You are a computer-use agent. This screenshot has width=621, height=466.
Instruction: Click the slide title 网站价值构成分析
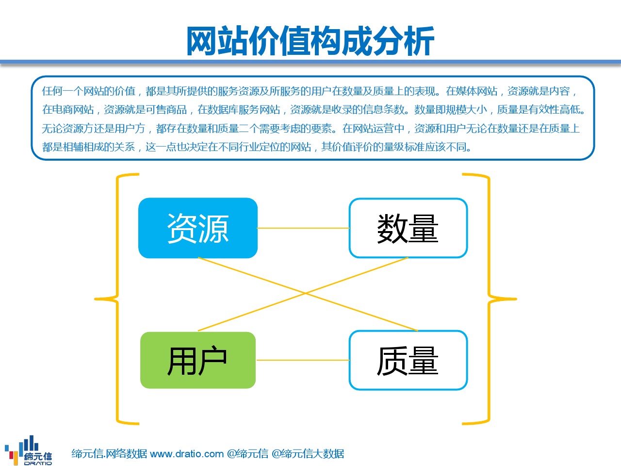pyautogui.click(x=310, y=41)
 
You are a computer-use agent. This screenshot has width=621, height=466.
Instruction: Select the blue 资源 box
pyautogui.click(x=198, y=228)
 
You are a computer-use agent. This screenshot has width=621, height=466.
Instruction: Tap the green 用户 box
pyautogui.click(x=198, y=360)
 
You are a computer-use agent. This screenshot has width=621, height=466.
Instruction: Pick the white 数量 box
pyautogui.click(x=408, y=228)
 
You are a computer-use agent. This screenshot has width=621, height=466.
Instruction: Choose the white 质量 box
pyautogui.click(x=408, y=360)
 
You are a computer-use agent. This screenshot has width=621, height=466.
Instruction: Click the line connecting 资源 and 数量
pyautogui.click(x=303, y=228)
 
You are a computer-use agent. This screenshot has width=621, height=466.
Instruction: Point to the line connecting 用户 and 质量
pyautogui.click(x=303, y=360)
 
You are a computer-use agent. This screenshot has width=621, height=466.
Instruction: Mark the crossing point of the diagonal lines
pyautogui.click(x=305, y=293)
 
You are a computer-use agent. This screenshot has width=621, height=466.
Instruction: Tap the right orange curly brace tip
pyautogui.click(x=516, y=299)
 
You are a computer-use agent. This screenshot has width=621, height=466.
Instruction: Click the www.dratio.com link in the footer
pyautogui.click(x=187, y=454)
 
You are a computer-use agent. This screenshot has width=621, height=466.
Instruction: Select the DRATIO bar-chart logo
pyautogui.click(x=28, y=450)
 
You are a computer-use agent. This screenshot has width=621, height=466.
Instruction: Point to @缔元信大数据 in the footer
pyautogui.click(x=308, y=454)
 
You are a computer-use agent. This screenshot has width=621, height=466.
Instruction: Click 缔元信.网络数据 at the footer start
pyautogui.click(x=109, y=454)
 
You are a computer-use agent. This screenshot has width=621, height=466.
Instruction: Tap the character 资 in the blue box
pyautogui.click(x=182, y=228)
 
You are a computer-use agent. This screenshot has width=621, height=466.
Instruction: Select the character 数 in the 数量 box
pyautogui.click(x=392, y=228)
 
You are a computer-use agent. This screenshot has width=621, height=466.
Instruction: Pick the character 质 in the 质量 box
pyautogui.click(x=392, y=360)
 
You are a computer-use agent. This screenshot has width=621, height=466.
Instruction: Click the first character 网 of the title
pyautogui.click(x=201, y=41)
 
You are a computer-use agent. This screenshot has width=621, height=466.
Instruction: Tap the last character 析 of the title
pyautogui.click(x=419, y=41)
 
